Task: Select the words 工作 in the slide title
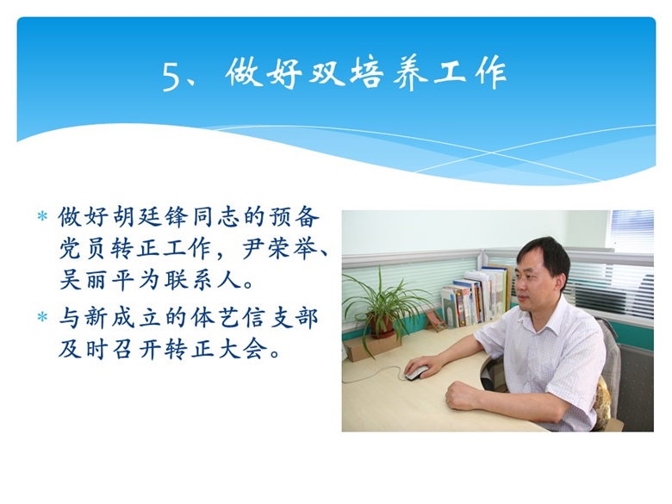click(470, 74)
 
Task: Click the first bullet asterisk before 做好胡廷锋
click(42, 216)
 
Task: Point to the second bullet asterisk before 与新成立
click(42, 317)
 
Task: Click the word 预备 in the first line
click(294, 217)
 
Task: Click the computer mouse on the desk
click(417, 372)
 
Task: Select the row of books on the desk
click(476, 296)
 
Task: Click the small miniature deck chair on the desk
click(435, 320)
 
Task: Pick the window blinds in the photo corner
click(632, 231)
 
